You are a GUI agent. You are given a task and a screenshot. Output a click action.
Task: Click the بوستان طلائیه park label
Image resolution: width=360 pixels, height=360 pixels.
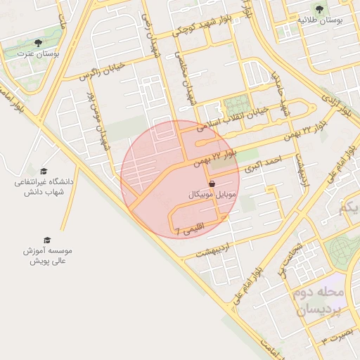coord(320,21)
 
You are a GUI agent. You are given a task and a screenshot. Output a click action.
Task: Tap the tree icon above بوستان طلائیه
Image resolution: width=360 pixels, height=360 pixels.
coord(320,9)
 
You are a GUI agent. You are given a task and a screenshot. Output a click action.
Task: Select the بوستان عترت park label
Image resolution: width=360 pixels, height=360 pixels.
coord(41,53)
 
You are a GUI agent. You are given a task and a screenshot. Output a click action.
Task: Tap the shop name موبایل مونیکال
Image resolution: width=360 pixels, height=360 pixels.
coord(215,192)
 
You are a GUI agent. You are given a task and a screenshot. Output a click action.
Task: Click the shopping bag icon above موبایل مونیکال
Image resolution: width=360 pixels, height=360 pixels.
coord(212,182)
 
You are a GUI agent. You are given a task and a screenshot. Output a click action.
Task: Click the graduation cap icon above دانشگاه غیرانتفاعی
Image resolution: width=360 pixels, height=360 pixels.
coord(43,171)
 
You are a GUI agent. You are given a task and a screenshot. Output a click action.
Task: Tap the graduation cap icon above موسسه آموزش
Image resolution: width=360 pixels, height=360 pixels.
coord(47,240)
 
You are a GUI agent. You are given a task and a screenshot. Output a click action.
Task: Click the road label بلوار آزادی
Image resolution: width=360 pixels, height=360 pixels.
coord(336,105)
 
